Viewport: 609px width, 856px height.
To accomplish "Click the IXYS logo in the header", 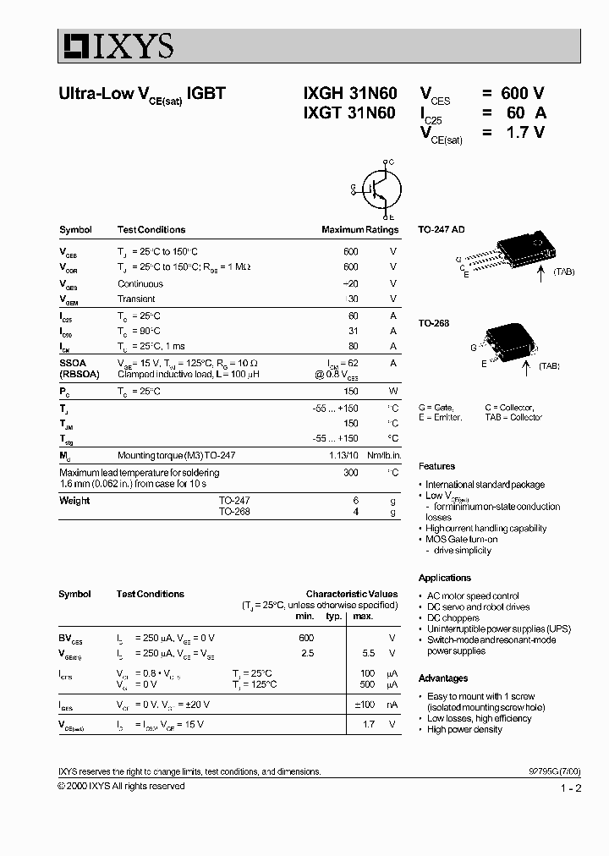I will (116, 46).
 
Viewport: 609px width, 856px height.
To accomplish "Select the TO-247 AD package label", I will (442, 229).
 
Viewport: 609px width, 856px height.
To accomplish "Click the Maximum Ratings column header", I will (359, 230).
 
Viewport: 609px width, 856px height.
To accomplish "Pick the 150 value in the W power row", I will (350, 392).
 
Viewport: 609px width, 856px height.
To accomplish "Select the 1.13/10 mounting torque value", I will (343, 455).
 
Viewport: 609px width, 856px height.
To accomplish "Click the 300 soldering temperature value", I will (350, 473).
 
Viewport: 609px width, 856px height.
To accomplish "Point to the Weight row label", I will (74, 501).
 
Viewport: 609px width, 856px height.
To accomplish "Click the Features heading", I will (436, 466).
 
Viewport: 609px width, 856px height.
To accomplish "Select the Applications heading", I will (444, 578).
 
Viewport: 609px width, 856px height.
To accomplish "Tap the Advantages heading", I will (442, 678).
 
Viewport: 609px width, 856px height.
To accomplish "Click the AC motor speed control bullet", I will (473, 596).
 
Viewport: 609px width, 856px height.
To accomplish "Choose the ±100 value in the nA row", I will (363, 705).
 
